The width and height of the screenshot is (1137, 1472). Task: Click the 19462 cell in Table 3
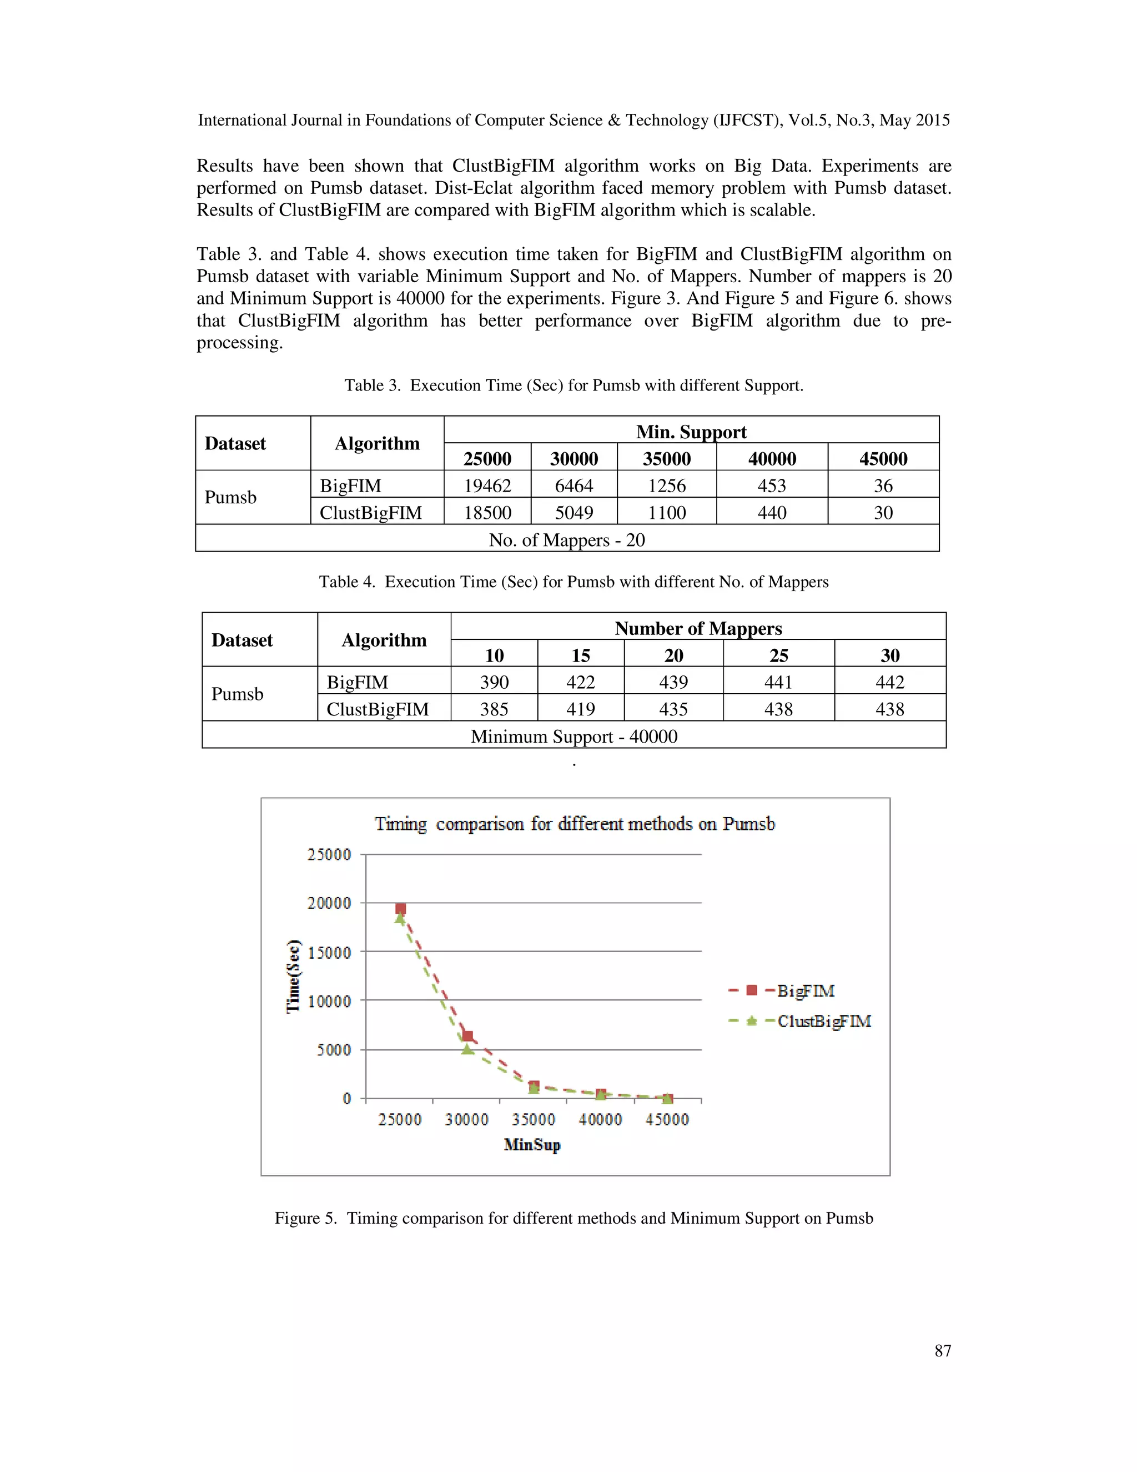click(487, 485)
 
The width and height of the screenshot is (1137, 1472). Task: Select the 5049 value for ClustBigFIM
click(574, 512)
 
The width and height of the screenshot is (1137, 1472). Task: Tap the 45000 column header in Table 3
click(883, 458)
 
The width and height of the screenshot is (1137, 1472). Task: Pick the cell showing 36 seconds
click(883, 485)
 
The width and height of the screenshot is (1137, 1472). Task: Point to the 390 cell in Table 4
click(494, 682)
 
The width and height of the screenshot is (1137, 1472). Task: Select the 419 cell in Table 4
click(580, 709)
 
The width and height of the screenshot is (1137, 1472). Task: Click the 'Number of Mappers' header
click(698, 628)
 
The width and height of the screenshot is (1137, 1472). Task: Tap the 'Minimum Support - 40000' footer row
click(574, 736)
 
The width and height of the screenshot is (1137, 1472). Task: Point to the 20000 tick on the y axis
click(329, 903)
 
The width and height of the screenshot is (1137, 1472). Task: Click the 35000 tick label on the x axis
click(534, 1119)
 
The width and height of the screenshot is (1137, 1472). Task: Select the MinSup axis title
click(532, 1144)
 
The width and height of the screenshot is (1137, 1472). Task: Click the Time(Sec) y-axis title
click(294, 975)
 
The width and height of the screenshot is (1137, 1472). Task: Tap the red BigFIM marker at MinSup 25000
click(401, 909)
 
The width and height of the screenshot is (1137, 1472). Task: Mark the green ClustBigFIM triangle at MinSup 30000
click(467, 1049)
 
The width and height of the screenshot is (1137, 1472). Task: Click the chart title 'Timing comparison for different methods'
click(575, 824)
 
